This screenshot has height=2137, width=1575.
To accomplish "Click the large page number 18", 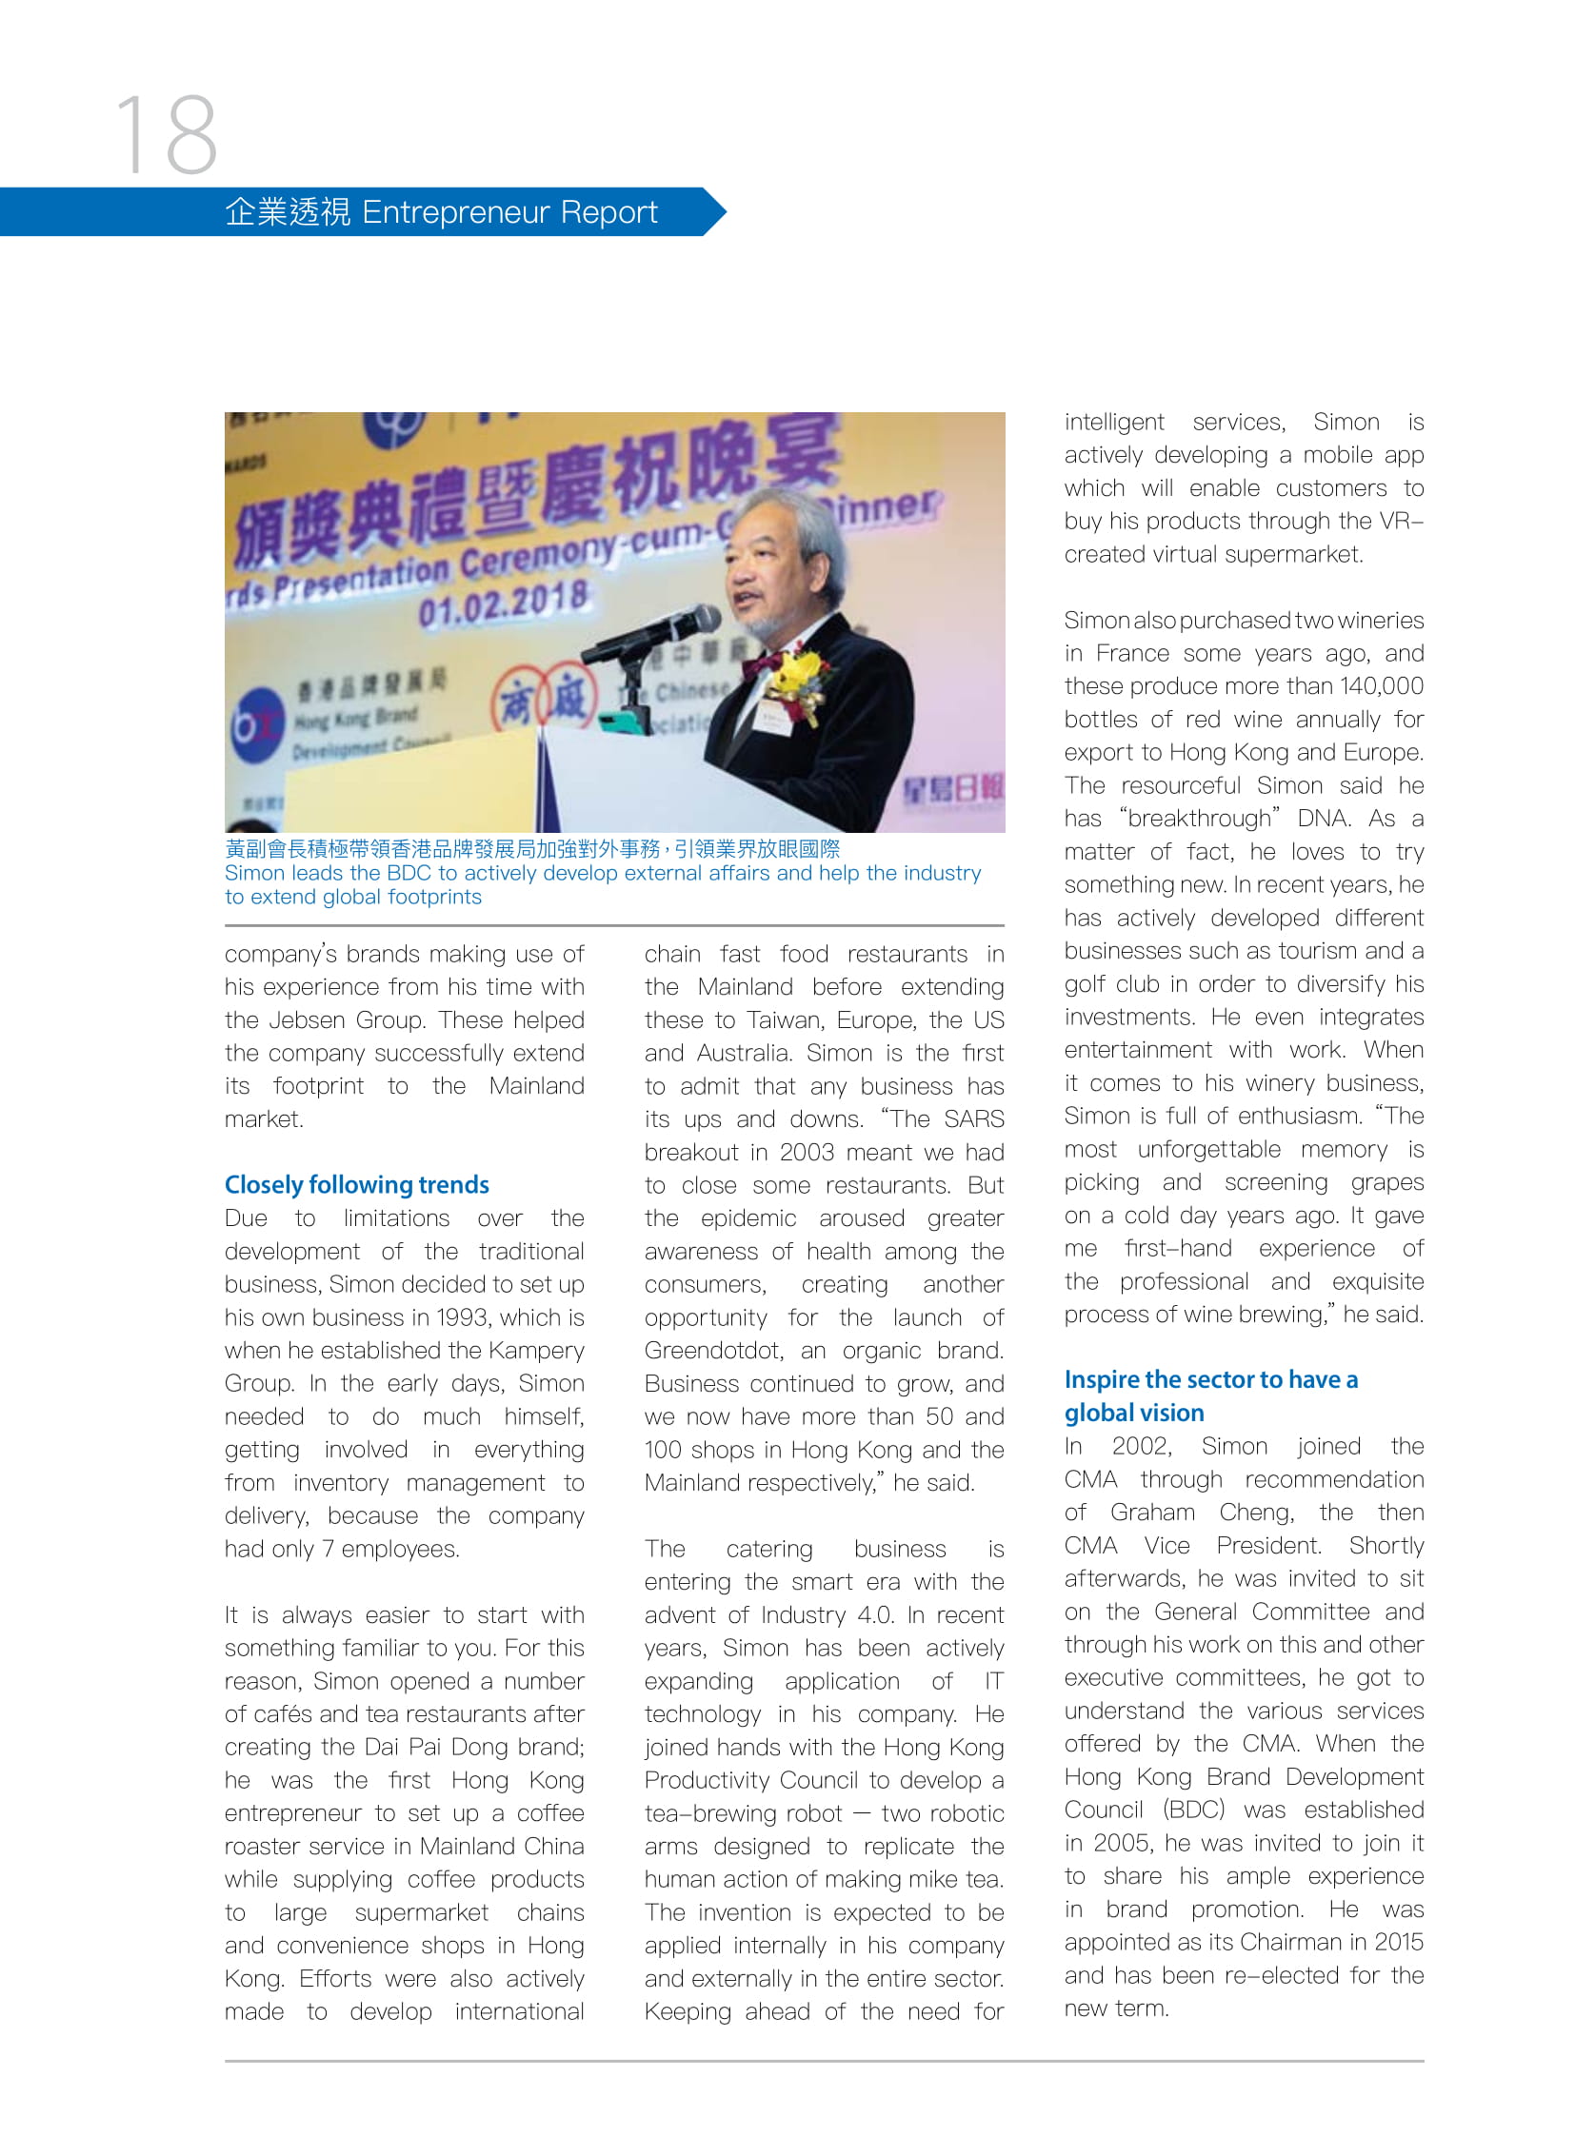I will point(167,134).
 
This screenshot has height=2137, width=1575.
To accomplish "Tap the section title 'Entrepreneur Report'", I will point(509,211).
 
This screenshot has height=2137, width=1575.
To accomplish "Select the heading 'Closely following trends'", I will point(356,1185).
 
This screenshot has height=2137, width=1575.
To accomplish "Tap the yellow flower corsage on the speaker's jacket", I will point(799,680).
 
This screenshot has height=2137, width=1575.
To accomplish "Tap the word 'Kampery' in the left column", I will point(535,1351).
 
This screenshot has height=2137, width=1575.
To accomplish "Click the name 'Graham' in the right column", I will point(1151,1513).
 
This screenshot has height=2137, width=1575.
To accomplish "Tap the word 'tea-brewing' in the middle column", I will point(743,1814).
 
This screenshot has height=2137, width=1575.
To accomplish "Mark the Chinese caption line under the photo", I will point(532,848).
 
